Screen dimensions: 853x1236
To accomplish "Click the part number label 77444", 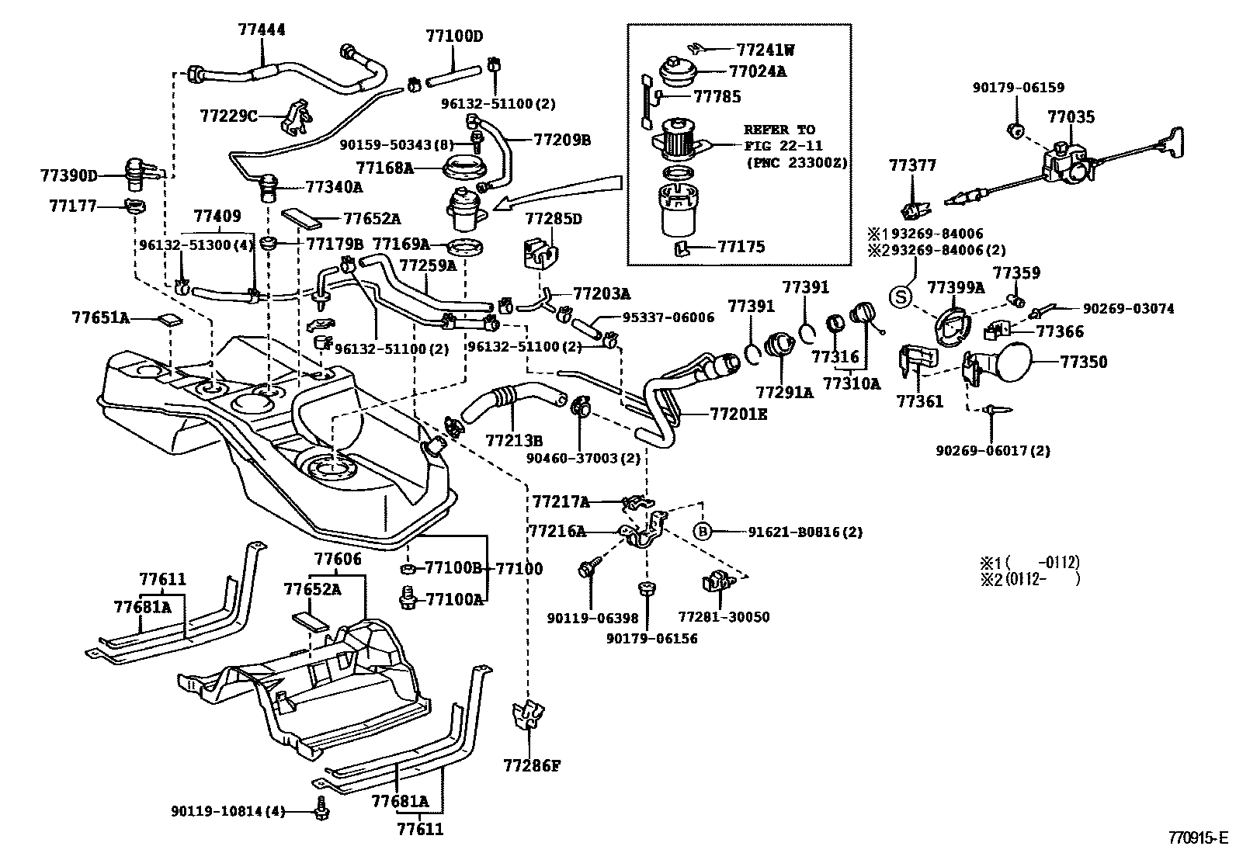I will pos(261,30).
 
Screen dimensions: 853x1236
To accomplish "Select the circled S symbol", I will pos(900,296).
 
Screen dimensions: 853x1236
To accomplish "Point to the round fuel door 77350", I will pos(1012,362).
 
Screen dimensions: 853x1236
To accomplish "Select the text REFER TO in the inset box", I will pos(779,130).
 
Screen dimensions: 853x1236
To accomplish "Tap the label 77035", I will pos(1071,117).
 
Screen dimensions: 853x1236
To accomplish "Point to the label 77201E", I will pos(738,414).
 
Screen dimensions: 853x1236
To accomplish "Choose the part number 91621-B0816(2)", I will pos(805,532).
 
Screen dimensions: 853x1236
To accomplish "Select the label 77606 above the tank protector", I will pos(337,560).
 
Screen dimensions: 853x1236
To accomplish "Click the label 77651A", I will pos(100,317).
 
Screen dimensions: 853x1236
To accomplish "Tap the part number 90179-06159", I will pos(1018,88).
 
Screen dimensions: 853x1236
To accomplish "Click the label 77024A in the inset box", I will pos(758,71).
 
